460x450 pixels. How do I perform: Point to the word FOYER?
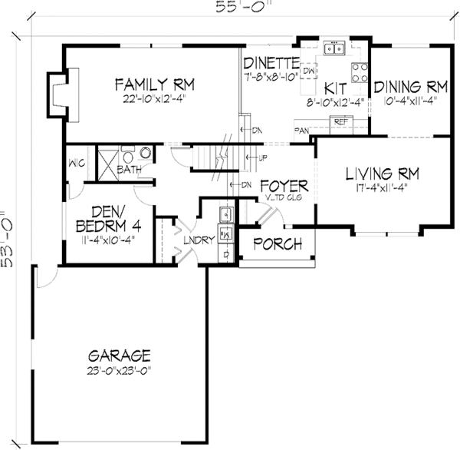(x=284, y=186)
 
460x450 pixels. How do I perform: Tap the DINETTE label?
(x=270, y=62)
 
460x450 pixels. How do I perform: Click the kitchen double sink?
(x=333, y=49)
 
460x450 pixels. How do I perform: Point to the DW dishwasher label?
(x=309, y=71)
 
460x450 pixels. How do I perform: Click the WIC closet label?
(x=76, y=163)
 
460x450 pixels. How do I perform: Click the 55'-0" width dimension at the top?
(x=229, y=8)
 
